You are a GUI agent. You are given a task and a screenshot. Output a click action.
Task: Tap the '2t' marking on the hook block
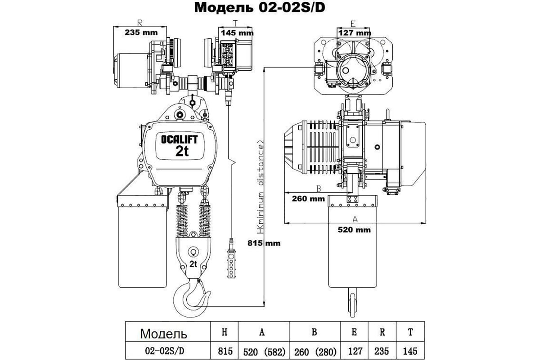(x=194, y=264)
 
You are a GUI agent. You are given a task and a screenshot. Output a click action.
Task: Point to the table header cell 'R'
(x=382, y=333)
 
